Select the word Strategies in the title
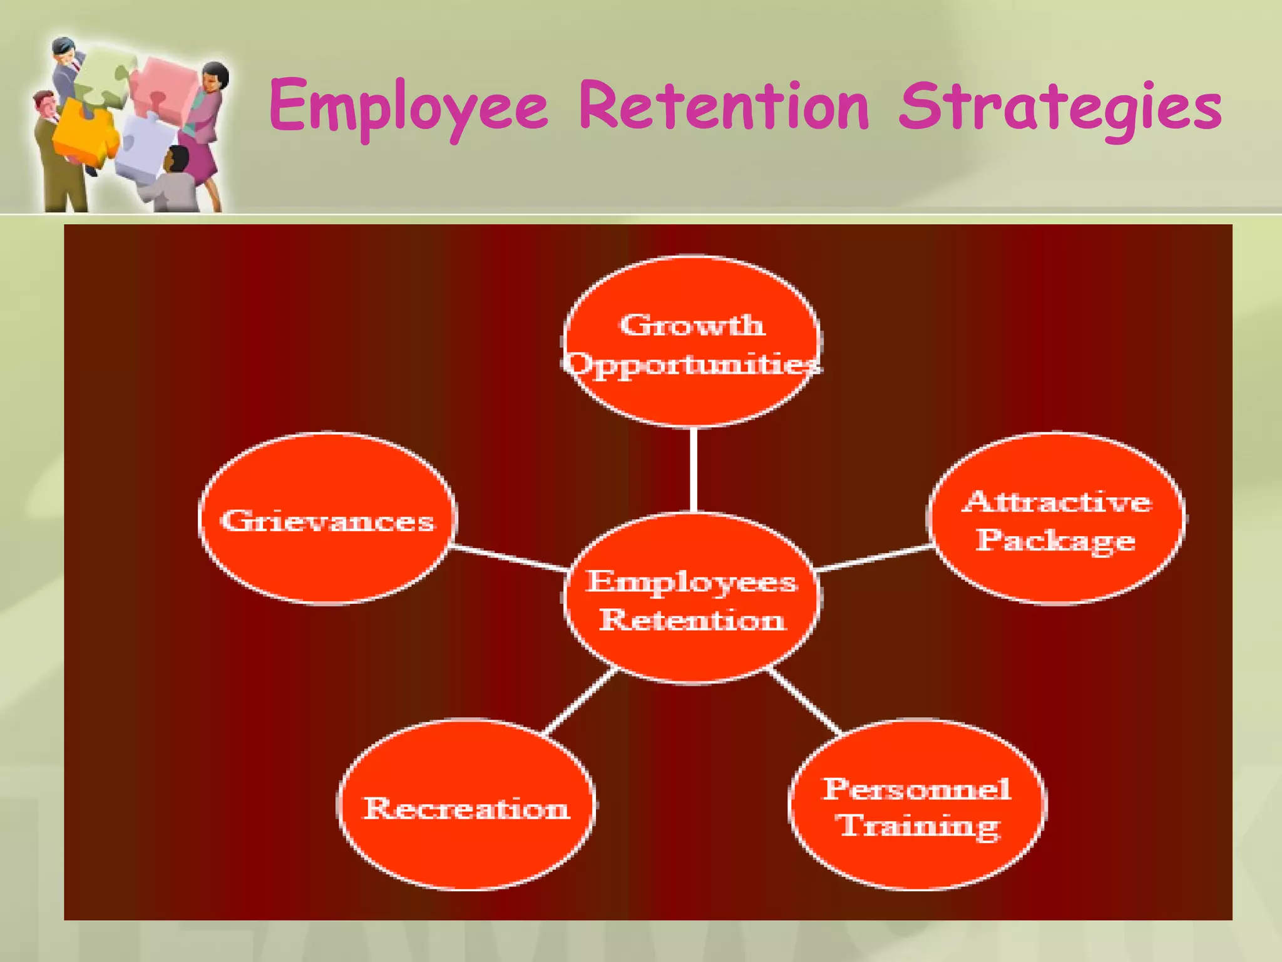tap(1059, 108)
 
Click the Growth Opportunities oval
tap(692, 342)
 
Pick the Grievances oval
tap(327, 519)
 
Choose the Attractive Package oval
tap(1056, 519)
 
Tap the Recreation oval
tap(466, 805)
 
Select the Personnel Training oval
tap(917, 805)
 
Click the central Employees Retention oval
tap(692, 598)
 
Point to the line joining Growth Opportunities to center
tap(693, 470)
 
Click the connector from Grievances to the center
tap(508, 557)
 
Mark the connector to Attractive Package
tap(875, 557)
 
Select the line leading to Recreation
tap(579, 701)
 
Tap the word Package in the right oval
tap(1055, 540)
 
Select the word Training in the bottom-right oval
tap(919, 827)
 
